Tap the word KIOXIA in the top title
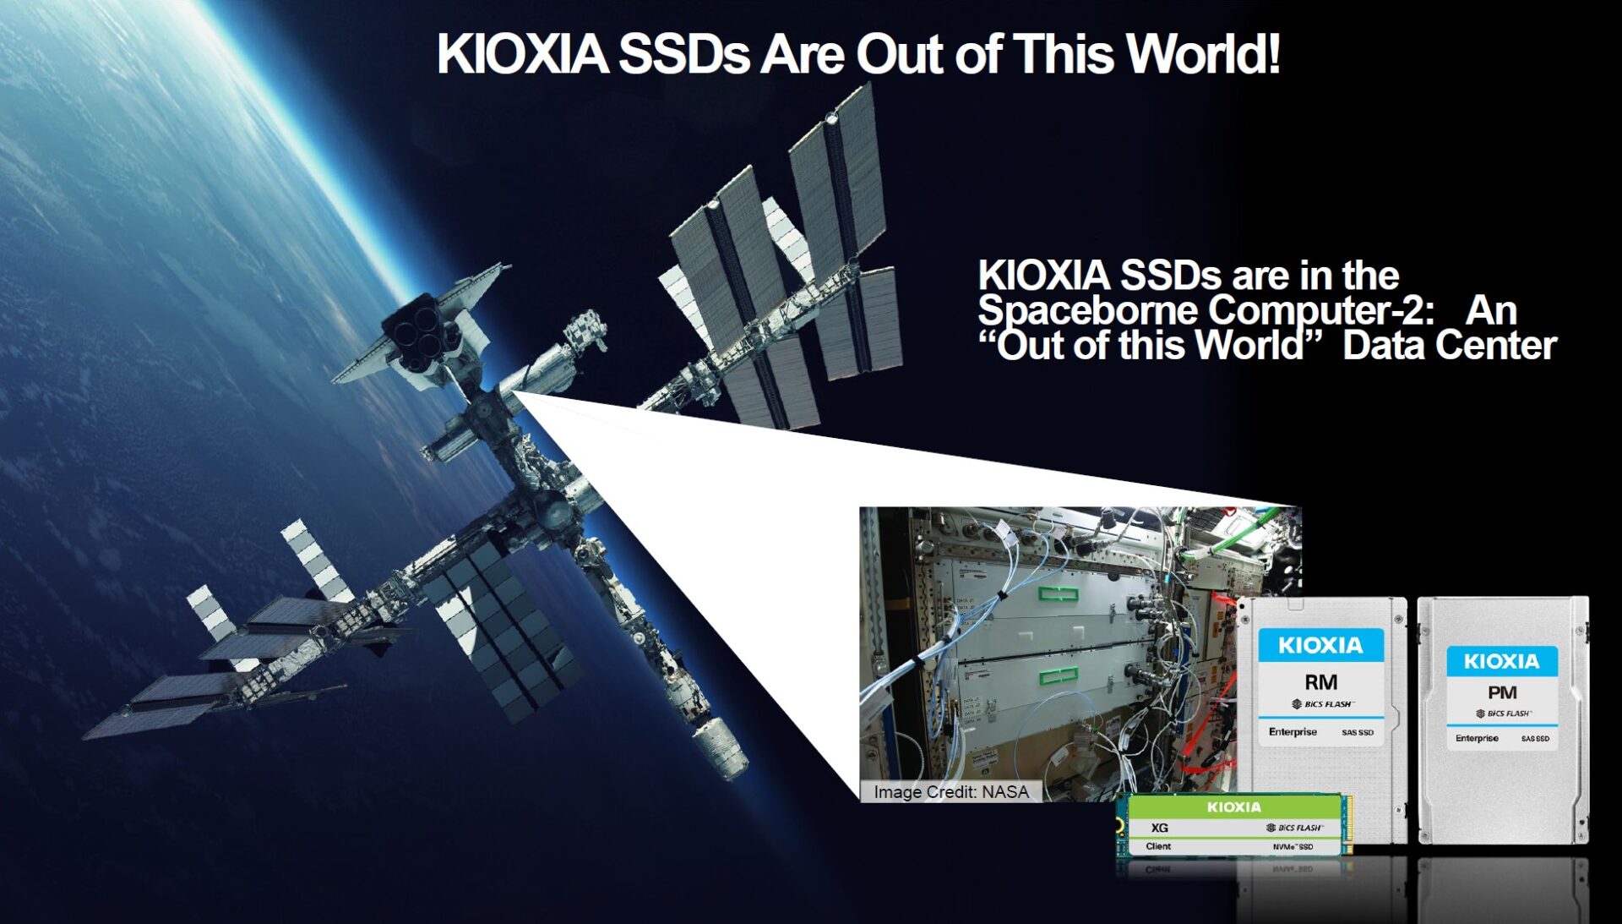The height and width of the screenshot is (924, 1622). click(522, 54)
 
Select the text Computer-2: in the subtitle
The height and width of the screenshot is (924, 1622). click(1321, 310)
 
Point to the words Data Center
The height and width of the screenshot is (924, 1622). click(1449, 346)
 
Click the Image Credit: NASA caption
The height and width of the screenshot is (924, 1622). click(950, 792)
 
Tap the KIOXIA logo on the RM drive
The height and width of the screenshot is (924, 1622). click(1320, 646)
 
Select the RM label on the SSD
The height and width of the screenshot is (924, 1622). click(1320, 682)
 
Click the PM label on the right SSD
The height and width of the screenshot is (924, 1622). click(1502, 693)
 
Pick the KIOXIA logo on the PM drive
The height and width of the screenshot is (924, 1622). click(1501, 661)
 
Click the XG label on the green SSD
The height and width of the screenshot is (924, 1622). click(1160, 828)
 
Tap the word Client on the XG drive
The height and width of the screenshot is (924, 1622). click(1158, 846)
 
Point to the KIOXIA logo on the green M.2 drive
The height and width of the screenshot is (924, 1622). click(1233, 807)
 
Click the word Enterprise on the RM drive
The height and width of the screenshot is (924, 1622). click(1293, 732)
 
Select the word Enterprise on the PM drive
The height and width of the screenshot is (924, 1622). click(1477, 739)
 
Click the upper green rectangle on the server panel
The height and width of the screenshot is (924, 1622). click(1059, 594)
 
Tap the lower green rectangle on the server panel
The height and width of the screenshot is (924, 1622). click(1059, 675)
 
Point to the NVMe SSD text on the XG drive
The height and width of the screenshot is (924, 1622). click(1293, 847)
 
